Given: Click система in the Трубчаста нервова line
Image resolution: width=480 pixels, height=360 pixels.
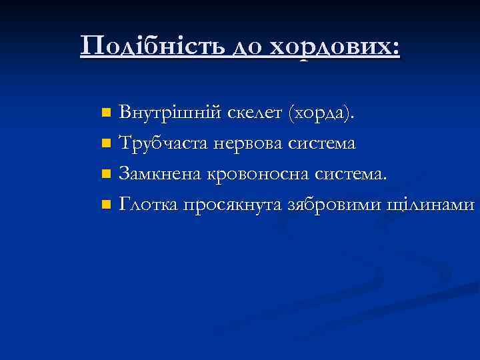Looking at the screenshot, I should (322, 143).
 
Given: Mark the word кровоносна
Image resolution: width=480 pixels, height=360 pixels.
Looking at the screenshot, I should (255, 174).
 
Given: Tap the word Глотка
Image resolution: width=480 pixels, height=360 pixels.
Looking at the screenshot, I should (148, 205).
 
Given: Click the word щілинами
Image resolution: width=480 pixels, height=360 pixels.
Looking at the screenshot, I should (431, 205).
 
